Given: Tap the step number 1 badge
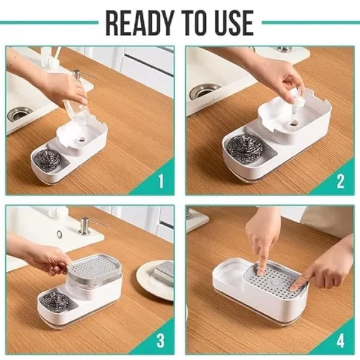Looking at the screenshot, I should pos(160,181).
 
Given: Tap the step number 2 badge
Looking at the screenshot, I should pos(340,181).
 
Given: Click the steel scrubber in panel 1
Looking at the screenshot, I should pos(47,159).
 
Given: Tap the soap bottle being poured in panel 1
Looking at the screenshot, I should pos(75,105).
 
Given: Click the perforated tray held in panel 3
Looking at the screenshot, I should pos(95,265).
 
